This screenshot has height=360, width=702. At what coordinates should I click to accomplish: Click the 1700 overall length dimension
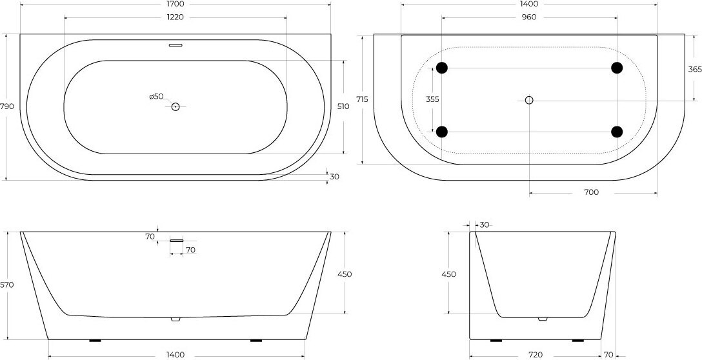tap(175, 4)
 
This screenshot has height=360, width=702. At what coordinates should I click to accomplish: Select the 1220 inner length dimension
tap(175, 17)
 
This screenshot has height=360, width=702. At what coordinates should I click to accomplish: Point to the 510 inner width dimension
tap(344, 106)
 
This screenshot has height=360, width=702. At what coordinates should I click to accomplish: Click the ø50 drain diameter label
tap(156, 96)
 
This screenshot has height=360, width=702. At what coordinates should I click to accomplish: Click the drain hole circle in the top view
tap(175, 106)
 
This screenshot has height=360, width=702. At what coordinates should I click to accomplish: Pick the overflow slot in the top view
tap(176, 45)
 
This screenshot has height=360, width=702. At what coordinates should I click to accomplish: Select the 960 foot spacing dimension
tap(528, 17)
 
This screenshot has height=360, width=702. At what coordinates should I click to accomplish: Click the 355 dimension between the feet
tap(432, 99)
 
